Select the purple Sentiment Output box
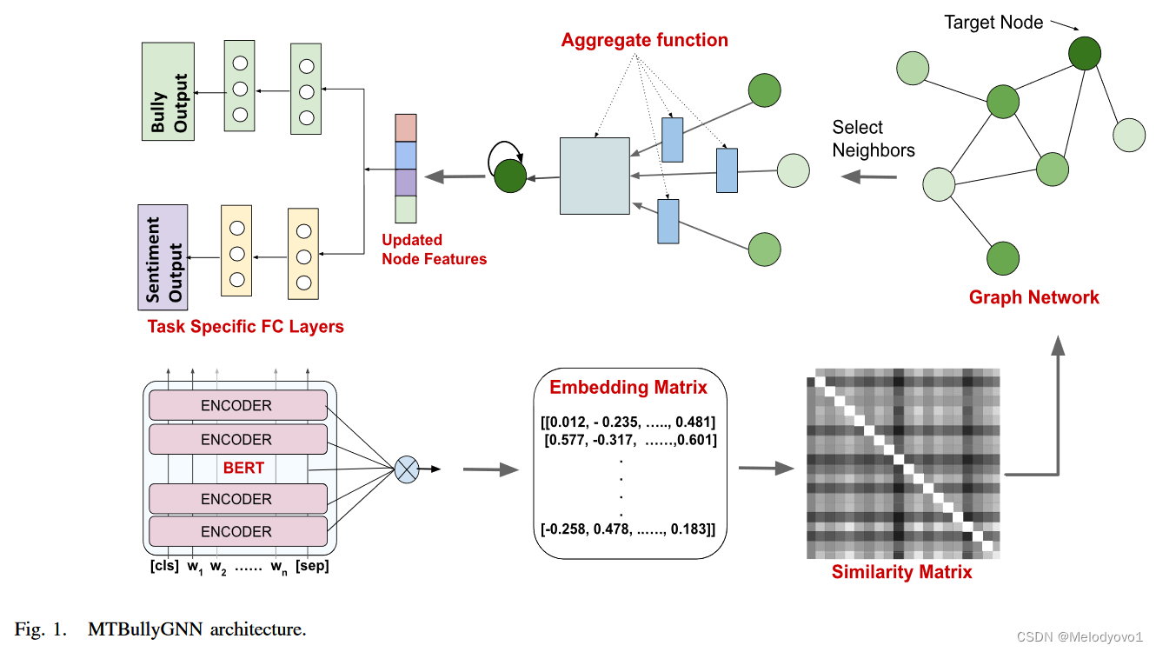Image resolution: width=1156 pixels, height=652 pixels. coord(163,257)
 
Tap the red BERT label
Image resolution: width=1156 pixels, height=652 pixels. coord(243,469)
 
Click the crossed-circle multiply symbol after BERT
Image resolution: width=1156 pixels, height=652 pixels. coord(406,469)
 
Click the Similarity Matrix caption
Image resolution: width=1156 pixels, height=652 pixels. coord(901,572)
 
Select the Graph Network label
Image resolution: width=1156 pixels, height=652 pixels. coord(1033,297)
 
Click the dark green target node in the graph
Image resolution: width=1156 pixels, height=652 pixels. coord(1085,52)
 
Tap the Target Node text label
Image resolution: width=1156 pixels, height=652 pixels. coord(993,23)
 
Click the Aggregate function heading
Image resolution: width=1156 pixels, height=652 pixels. coord(644,40)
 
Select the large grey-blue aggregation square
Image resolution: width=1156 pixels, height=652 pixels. coord(595,176)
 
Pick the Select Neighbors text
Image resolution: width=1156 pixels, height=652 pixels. coord(873,139)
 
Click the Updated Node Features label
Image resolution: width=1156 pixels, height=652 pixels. coord(434,249)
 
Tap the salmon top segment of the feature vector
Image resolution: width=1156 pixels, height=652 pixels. coord(406,128)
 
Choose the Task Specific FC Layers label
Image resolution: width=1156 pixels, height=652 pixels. coord(245,327)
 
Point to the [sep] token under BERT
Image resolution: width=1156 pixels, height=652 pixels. coord(311,566)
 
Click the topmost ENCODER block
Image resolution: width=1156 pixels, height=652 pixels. coord(237,406)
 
